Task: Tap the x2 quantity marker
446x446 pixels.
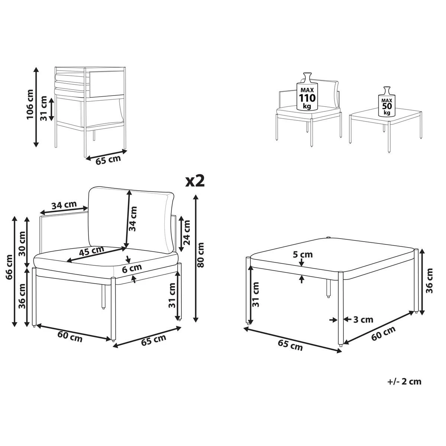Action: [x=195, y=181]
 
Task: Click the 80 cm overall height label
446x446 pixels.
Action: [x=201, y=255]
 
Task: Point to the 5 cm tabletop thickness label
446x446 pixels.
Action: [x=303, y=255]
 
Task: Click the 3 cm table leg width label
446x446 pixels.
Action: [x=362, y=319]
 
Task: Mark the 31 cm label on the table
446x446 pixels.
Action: [x=256, y=294]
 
